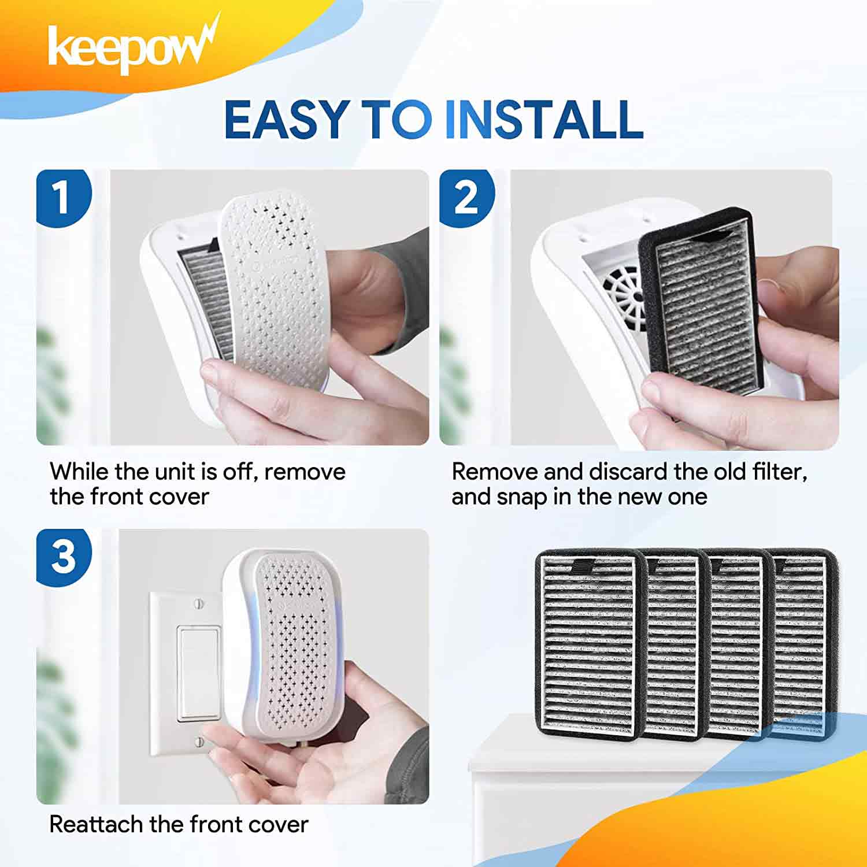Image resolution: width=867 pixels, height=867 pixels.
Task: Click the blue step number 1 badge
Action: click(63, 197)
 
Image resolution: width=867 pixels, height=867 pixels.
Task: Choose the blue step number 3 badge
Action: click(63, 556)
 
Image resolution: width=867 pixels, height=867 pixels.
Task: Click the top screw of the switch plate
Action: click(201, 605)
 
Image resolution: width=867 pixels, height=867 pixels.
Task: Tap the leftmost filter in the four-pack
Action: click(590, 644)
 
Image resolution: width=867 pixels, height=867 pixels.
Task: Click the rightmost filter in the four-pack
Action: click(806, 644)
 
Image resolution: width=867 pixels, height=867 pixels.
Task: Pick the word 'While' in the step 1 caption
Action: click(79, 472)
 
